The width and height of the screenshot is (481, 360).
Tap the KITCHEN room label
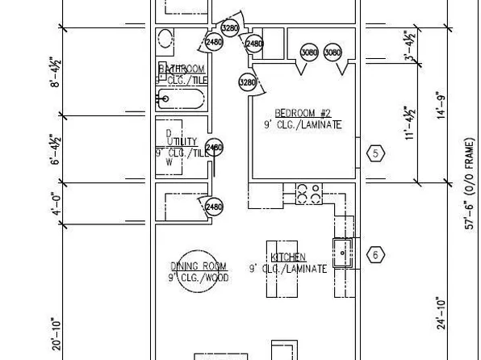[287, 257]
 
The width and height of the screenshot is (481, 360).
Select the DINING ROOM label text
[198, 266]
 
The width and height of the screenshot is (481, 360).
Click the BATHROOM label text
[182, 69]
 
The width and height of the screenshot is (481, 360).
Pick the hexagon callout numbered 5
[375, 153]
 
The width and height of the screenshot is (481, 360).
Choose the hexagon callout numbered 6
[375, 255]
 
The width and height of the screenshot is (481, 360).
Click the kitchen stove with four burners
[308, 194]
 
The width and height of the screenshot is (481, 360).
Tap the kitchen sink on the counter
[343, 253]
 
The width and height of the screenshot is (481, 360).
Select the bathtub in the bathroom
[181, 100]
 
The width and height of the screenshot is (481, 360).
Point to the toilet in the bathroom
[165, 39]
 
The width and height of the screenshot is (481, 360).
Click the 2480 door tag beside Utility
[214, 148]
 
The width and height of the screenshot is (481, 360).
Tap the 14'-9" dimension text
[440, 105]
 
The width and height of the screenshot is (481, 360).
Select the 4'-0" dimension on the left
[56, 207]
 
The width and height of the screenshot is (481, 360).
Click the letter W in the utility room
[169, 161]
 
